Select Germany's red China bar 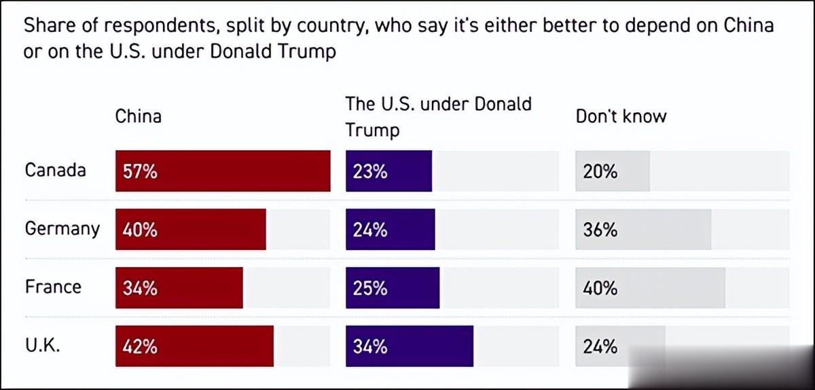click(191, 230)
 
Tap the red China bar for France click(179, 288)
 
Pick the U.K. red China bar click(195, 347)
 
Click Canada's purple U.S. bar click(389, 171)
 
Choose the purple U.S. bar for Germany click(391, 230)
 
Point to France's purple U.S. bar click(393, 288)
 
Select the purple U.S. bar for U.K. click(410, 347)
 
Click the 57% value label click(140, 172)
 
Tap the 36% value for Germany click(600, 230)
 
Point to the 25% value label click(370, 289)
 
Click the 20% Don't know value click(600, 172)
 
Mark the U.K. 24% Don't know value click(600, 347)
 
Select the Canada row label click(55, 169)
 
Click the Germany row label click(62, 229)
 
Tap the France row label click(53, 286)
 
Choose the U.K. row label click(43, 344)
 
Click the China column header click(139, 116)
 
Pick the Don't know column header click(621, 116)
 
